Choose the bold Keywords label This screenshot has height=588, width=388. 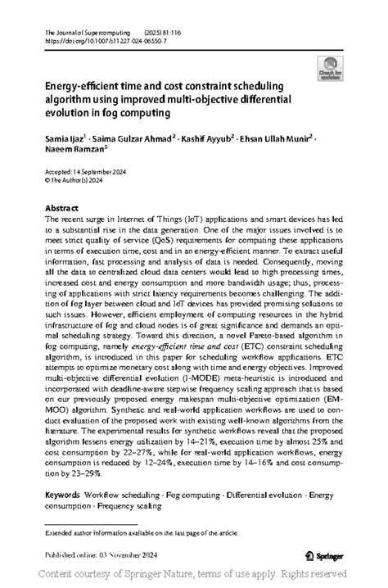(x=62, y=496)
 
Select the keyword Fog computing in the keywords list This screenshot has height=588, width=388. (x=194, y=496)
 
